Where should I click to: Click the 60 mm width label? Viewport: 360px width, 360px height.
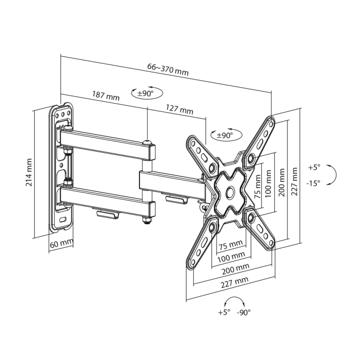pyautogui.click(x=61, y=243)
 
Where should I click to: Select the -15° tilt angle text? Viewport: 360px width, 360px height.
pyautogui.click(x=314, y=183)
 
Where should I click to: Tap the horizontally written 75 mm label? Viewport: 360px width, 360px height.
pyautogui.click(x=230, y=246)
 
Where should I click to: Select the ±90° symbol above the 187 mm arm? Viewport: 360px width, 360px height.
pyautogui.click(x=147, y=93)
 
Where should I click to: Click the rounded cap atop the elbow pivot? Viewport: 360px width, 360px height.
pyautogui.click(x=147, y=143)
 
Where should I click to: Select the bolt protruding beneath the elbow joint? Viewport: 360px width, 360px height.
pyautogui.click(x=146, y=221)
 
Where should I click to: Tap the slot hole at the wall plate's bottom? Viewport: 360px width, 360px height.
pyautogui.click(x=63, y=220)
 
